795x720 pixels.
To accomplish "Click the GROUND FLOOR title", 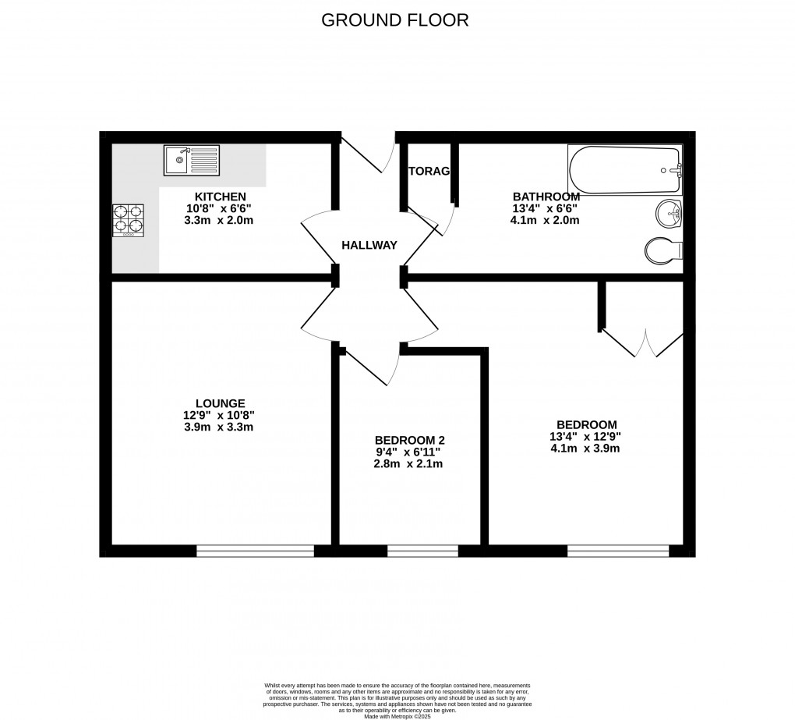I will tap(395, 20).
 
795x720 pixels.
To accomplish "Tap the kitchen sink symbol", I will tap(192, 161).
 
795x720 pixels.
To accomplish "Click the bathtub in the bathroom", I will tap(626, 170).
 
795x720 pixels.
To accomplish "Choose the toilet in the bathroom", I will tap(665, 250).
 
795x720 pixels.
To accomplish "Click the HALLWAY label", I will tap(369, 245).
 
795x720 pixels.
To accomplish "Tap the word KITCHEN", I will tap(221, 197).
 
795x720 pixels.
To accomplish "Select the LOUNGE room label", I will tap(221, 403).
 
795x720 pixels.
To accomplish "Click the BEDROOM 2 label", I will tap(410, 440).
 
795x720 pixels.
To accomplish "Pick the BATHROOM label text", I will tap(546, 197).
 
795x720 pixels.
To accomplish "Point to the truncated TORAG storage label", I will tap(429, 172).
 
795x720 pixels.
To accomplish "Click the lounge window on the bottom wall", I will tap(255, 551).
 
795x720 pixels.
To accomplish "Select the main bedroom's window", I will tap(618, 551).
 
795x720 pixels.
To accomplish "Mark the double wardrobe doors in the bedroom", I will tap(644, 343).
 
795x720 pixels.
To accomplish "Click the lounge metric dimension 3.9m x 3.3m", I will tap(221, 427).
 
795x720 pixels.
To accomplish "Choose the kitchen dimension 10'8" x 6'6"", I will tap(221, 208).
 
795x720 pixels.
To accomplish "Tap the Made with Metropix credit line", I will tap(397, 706).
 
